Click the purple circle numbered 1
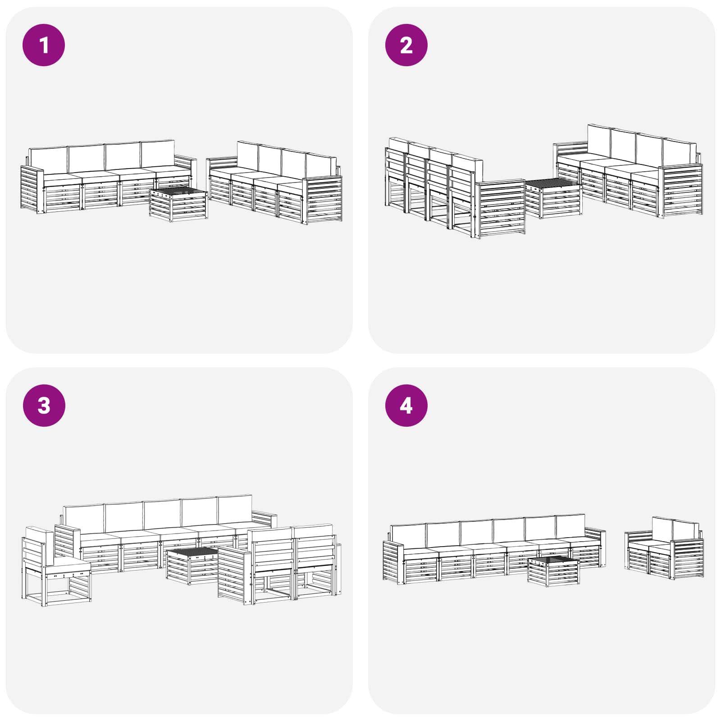click(x=44, y=45)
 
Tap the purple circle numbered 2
click(x=406, y=45)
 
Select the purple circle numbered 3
click(x=44, y=405)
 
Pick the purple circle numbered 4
click(x=406, y=405)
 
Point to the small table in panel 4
click(x=553, y=571)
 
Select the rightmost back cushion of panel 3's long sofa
click(x=234, y=509)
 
